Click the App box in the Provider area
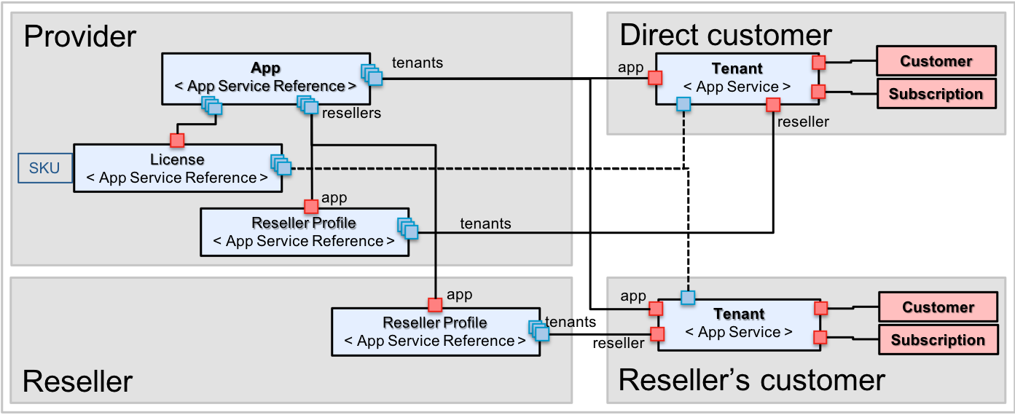coord(265,77)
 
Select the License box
coord(177,168)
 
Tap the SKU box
coord(45,168)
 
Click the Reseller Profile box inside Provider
coord(304,232)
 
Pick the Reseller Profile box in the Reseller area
coord(435,332)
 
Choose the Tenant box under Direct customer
coord(737,78)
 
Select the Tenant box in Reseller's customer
coord(739,323)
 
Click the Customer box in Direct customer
coord(936,61)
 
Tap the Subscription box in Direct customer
coord(936,94)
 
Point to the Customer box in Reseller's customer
coord(938,307)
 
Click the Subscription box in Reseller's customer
coord(938,340)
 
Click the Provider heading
coord(80,36)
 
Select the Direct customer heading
coord(726,35)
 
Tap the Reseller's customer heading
coord(751,380)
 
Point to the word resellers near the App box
coord(351,113)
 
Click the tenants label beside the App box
coord(418,63)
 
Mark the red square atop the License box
coord(177,140)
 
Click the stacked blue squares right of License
coord(281,165)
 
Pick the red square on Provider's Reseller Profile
coord(312,206)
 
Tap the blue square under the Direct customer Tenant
coord(683,105)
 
